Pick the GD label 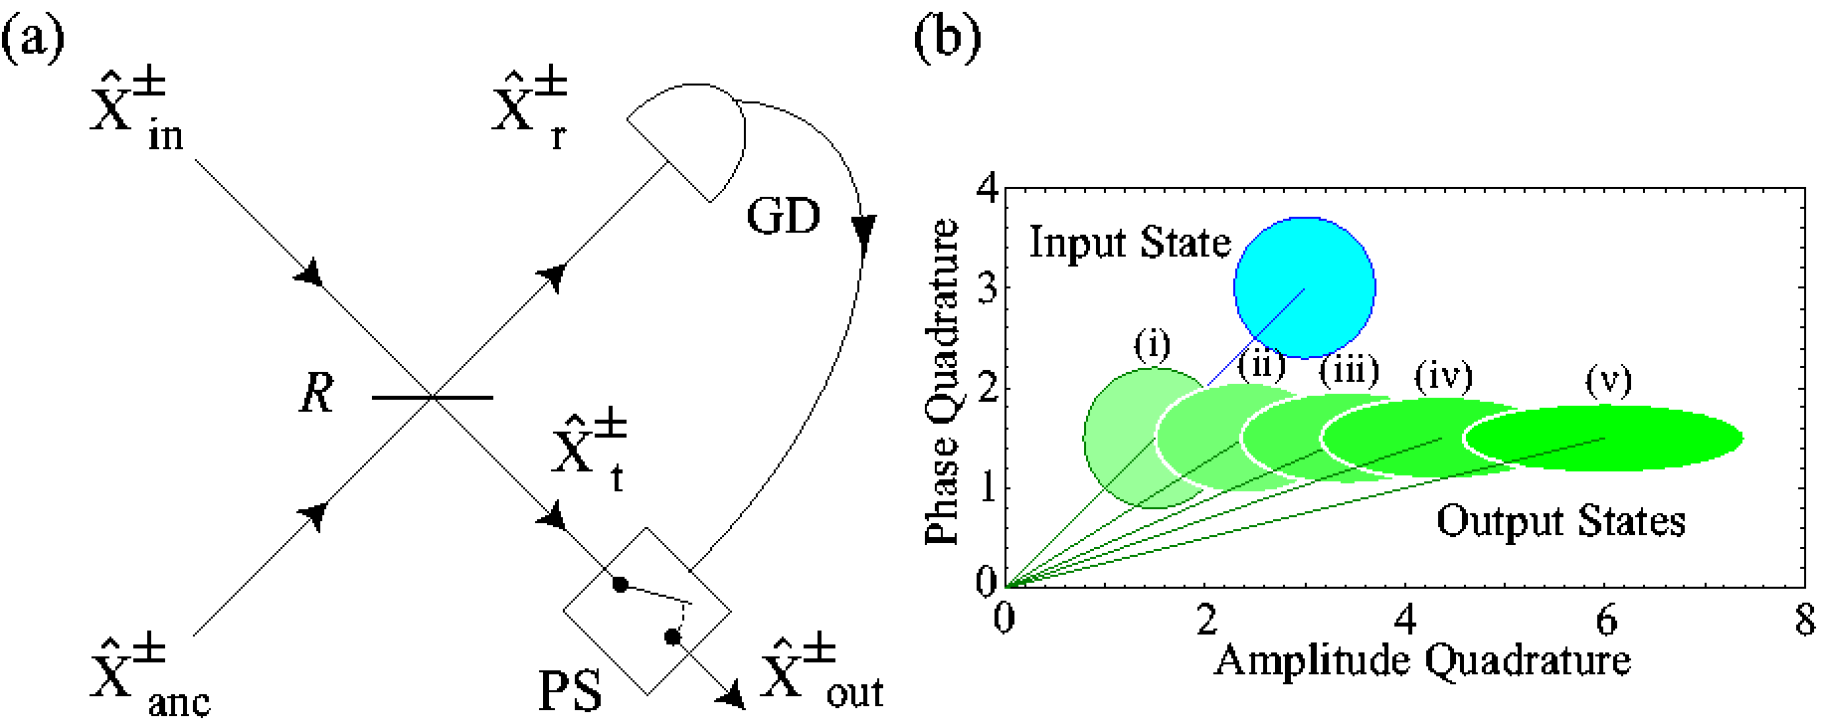(x=783, y=218)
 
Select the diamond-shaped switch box (x=647, y=611)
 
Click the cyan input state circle (x=1305, y=288)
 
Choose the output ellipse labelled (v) (x=1603, y=438)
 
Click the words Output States (x=1561, y=520)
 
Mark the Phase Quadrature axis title (x=941, y=382)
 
